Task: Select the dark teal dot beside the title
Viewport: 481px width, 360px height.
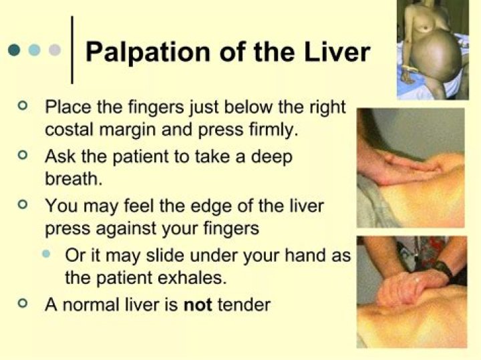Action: (x=14, y=50)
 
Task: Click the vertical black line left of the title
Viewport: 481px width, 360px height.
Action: (x=72, y=50)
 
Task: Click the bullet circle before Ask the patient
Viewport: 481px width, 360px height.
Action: (x=25, y=155)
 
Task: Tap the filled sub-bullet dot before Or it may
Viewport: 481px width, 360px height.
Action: (x=46, y=254)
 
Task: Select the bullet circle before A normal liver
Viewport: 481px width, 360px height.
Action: (x=25, y=304)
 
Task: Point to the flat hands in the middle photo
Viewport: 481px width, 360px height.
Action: (x=408, y=164)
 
